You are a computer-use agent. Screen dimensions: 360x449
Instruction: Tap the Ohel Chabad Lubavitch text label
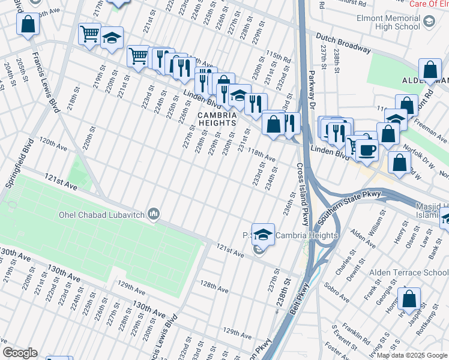coord(103,214)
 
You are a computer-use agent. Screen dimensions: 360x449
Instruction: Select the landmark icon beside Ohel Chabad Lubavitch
coord(154,214)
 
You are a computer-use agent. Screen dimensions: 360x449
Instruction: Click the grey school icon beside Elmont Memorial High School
coord(429,22)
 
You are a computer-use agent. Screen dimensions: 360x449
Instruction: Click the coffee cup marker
coord(367,149)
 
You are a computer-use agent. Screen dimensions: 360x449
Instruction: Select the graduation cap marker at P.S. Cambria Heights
coord(263,234)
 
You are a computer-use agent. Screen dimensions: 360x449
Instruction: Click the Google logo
coord(20,353)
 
